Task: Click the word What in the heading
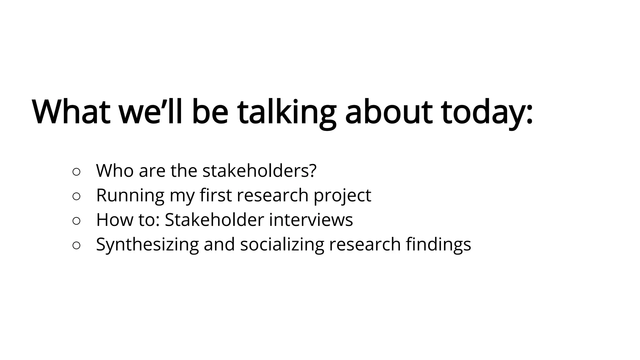[71, 112]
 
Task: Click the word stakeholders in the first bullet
[257, 171]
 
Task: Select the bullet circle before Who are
[77, 172]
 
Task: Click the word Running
[130, 196]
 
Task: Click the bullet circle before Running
[77, 196]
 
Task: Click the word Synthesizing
[147, 245]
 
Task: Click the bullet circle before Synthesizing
[77, 246]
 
